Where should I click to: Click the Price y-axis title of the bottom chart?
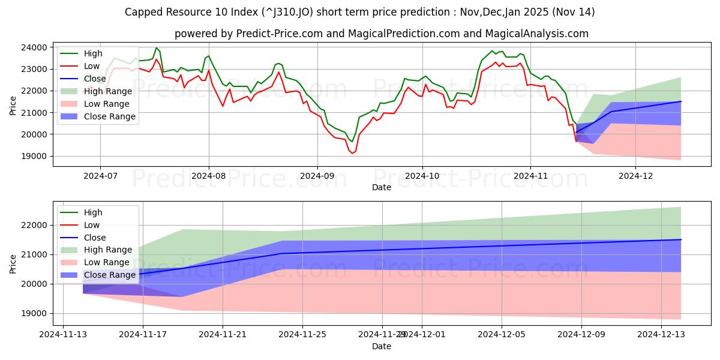click(x=13, y=262)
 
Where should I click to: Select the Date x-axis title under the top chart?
click(x=381, y=187)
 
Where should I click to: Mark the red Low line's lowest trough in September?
click(x=352, y=154)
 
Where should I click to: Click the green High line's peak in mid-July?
click(x=157, y=48)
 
